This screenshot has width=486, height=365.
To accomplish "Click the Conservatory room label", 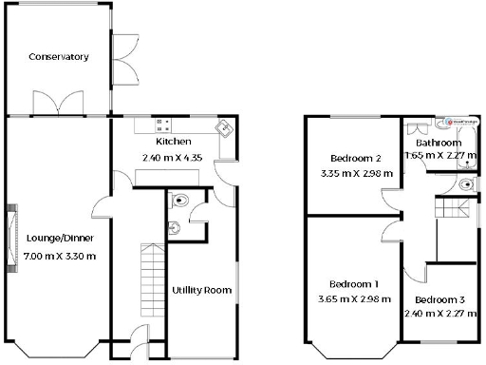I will [59, 57].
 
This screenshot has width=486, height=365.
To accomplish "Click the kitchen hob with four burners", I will [162, 124].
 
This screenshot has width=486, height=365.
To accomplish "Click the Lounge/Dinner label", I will [58, 238].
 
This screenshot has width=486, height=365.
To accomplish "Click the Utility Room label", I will [197, 290].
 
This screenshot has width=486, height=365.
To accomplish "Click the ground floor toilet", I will [180, 201].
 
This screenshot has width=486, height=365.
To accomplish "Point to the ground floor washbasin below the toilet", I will [174, 226].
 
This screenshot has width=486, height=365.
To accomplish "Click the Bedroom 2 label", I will [355, 158].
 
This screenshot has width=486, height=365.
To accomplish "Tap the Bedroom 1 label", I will [354, 284].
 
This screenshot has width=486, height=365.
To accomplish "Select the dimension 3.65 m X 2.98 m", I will [354, 300].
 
